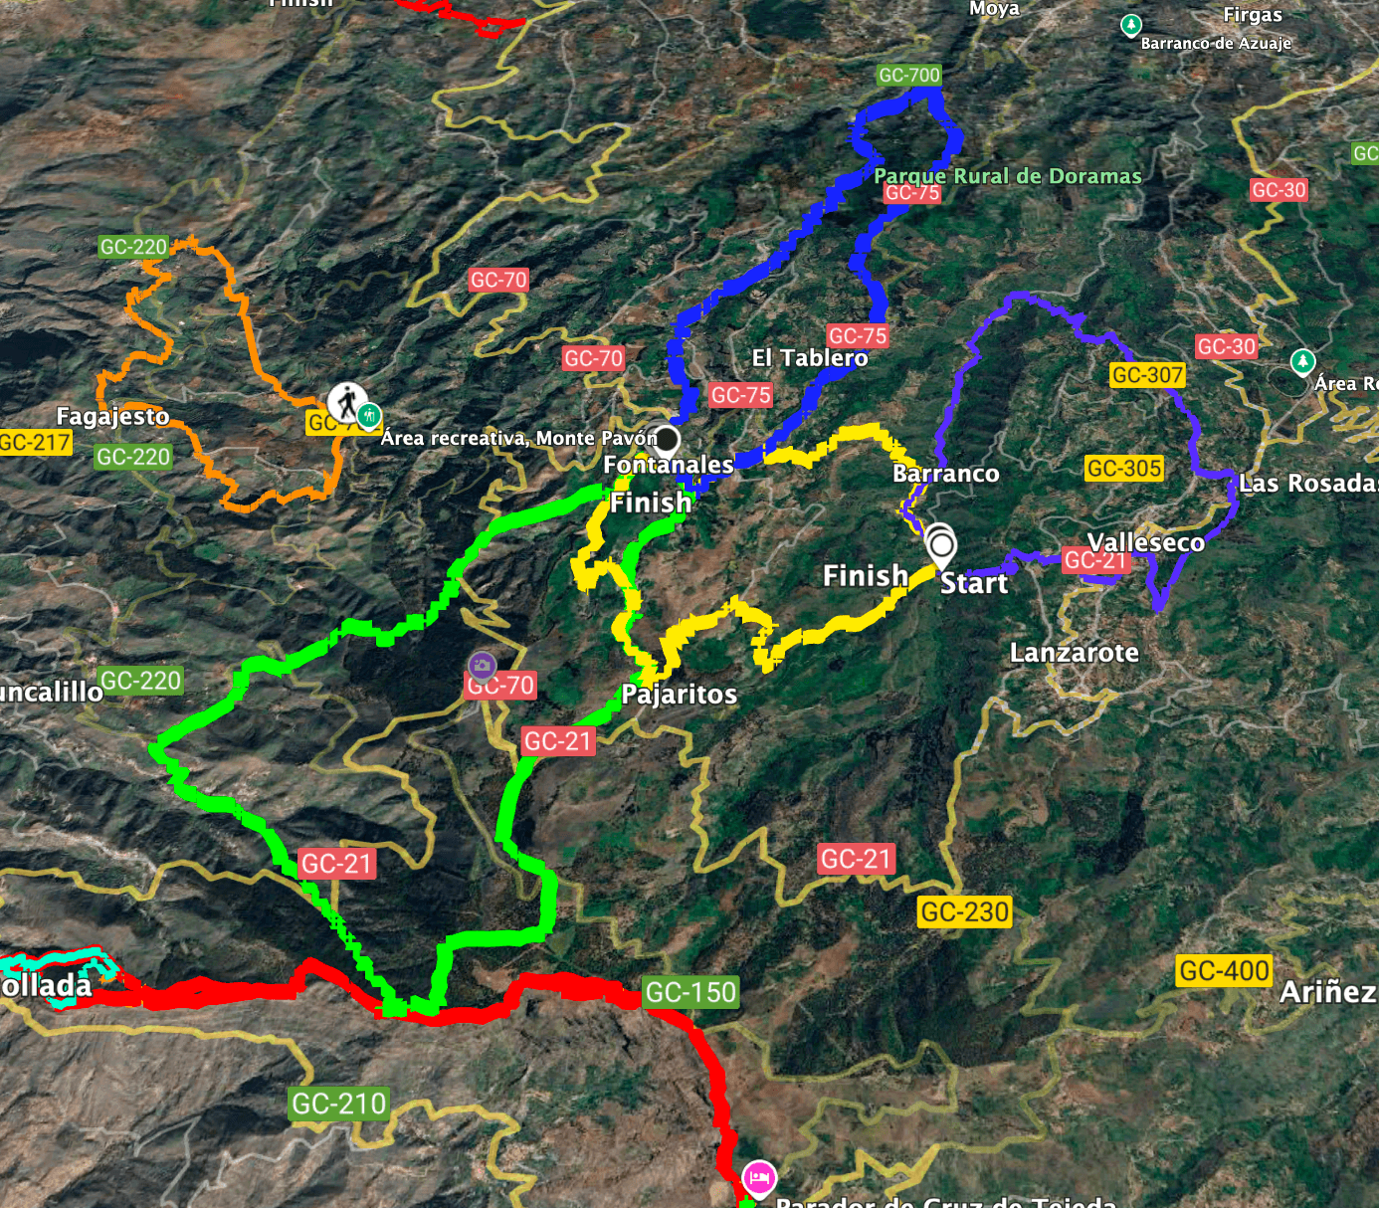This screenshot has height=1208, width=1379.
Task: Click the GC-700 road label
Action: tap(909, 76)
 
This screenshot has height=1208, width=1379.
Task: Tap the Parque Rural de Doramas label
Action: tap(1007, 176)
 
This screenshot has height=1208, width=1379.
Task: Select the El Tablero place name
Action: tap(809, 358)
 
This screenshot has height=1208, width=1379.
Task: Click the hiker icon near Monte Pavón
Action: tap(346, 403)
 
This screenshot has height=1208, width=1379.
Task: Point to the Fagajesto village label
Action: tap(112, 416)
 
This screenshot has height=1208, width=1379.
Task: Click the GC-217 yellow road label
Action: tap(36, 443)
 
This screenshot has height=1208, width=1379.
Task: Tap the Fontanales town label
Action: tap(668, 465)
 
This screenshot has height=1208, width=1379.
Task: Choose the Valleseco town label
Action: tap(1145, 542)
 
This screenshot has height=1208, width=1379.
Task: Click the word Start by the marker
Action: tap(974, 583)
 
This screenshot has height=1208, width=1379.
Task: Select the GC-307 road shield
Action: tap(1147, 375)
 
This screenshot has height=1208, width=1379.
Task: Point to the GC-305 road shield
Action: tap(1124, 469)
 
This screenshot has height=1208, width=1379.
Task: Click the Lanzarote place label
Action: tap(1074, 653)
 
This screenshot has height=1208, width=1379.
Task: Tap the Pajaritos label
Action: tap(679, 695)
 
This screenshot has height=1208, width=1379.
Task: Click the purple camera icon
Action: tap(482, 665)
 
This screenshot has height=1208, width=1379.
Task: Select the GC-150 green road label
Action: tap(690, 992)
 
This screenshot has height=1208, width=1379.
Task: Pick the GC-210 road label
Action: tap(338, 1104)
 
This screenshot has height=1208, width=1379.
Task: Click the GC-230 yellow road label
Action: tap(964, 911)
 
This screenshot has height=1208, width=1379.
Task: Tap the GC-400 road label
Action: tap(1223, 971)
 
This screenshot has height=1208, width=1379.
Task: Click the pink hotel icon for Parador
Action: tap(759, 1178)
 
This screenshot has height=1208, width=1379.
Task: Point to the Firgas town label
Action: tap(1253, 15)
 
